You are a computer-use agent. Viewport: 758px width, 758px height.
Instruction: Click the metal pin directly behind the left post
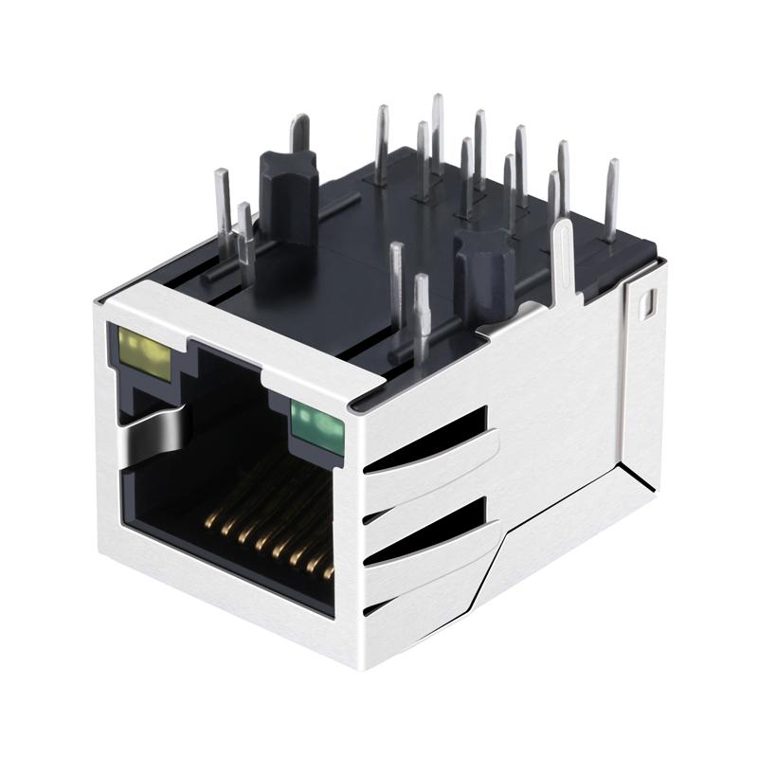(299, 137)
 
